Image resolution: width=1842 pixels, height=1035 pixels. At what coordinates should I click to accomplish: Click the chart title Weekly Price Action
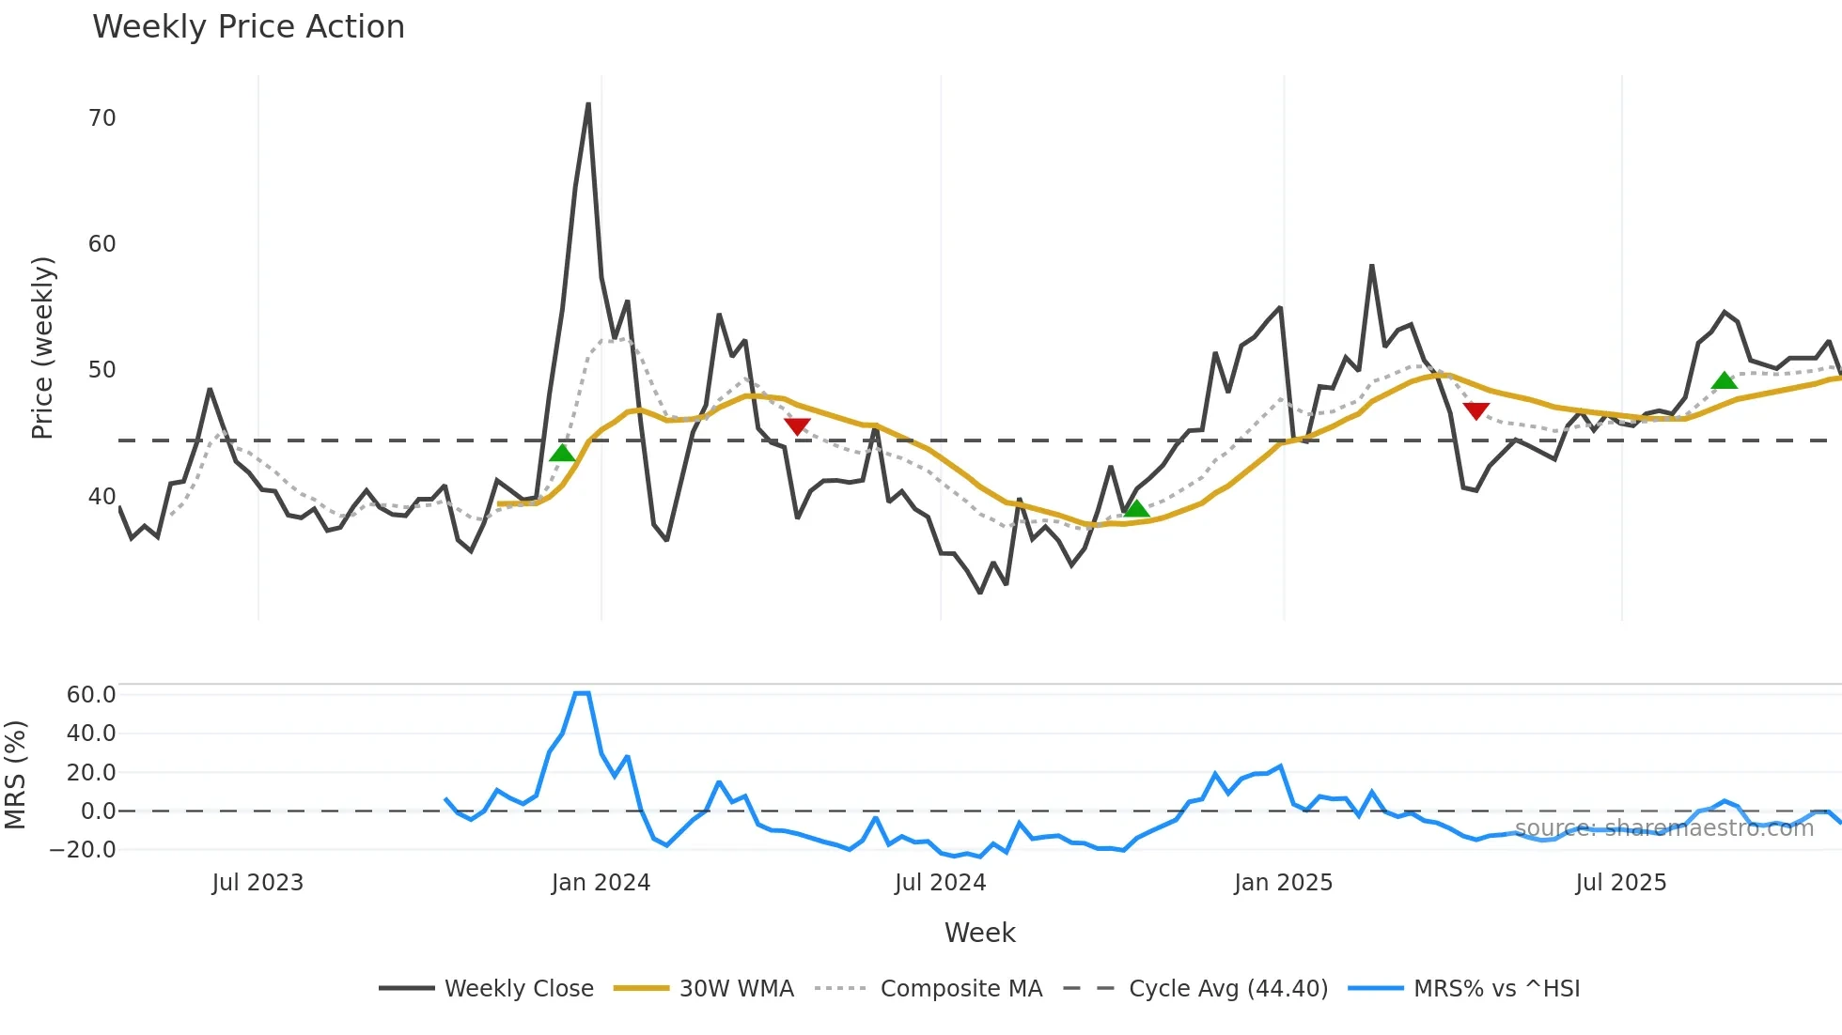point(248,27)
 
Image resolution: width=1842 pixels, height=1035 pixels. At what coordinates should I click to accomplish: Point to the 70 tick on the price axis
point(101,118)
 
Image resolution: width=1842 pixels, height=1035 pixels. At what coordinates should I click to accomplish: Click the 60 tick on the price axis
point(101,244)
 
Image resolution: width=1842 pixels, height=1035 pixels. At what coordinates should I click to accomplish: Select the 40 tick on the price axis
point(101,497)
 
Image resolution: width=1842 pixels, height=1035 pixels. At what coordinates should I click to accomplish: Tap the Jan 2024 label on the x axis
point(601,883)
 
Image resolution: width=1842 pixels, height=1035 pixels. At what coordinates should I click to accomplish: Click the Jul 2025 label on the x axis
point(1620,883)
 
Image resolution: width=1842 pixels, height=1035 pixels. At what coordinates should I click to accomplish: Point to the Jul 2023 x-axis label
point(258,883)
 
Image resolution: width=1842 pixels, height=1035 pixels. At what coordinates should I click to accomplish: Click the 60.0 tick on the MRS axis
point(91,695)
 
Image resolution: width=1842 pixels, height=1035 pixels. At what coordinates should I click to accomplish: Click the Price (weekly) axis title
point(43,348)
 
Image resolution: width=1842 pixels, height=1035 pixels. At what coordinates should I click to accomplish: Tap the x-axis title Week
point(979,933)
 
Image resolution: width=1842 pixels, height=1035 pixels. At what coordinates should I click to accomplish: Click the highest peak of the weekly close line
point(588,104)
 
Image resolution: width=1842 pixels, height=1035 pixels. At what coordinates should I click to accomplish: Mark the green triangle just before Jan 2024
point(562,454)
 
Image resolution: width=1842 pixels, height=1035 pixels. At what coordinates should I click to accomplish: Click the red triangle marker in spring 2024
point(797,426)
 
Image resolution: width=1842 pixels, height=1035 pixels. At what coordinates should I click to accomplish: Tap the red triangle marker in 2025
point(1476,411)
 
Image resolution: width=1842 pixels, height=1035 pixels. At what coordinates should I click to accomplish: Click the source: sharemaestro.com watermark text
point(1663,828)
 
